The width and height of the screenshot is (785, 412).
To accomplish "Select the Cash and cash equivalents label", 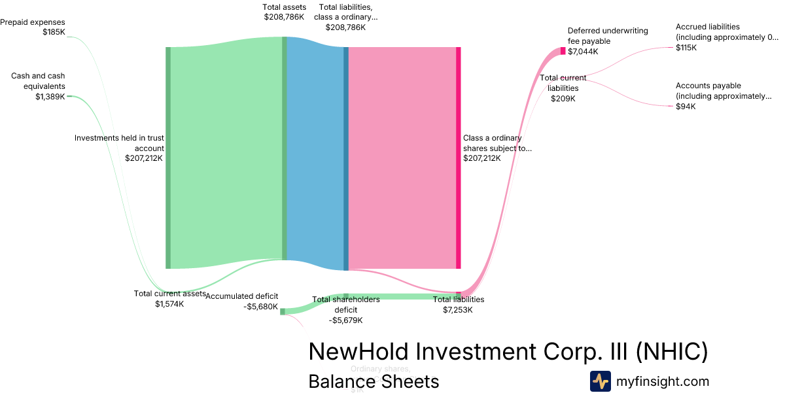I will coord(38,86).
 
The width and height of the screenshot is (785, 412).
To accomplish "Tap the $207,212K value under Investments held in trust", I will coord(145,158).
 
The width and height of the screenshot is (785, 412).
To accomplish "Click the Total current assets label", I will coord(169,298).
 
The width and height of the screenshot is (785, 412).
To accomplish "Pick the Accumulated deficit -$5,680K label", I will coord(241,301).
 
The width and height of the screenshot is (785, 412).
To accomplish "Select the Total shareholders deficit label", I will coord(345,310).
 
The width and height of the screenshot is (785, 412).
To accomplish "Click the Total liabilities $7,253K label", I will coord(458,305).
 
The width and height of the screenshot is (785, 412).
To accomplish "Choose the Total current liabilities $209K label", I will coord(563,88).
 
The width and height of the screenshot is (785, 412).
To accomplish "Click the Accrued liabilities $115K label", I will coord(726,37).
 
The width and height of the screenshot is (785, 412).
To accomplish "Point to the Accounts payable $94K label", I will coord(724,96).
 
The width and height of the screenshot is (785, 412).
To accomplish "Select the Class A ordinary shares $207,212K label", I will coord(497,148).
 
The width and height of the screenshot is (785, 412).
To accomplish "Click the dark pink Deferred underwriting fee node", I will coord(563,50).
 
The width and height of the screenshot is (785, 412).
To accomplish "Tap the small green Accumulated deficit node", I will coord(283,312).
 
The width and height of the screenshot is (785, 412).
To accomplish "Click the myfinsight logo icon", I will coord(600,381).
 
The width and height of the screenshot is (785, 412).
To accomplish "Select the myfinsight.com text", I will coord(663,381).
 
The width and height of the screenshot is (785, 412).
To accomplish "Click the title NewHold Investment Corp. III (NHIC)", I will coord(508,352).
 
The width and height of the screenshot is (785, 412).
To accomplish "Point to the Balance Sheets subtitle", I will coord(374,381).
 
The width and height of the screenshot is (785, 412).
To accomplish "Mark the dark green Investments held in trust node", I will coord(168,158).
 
